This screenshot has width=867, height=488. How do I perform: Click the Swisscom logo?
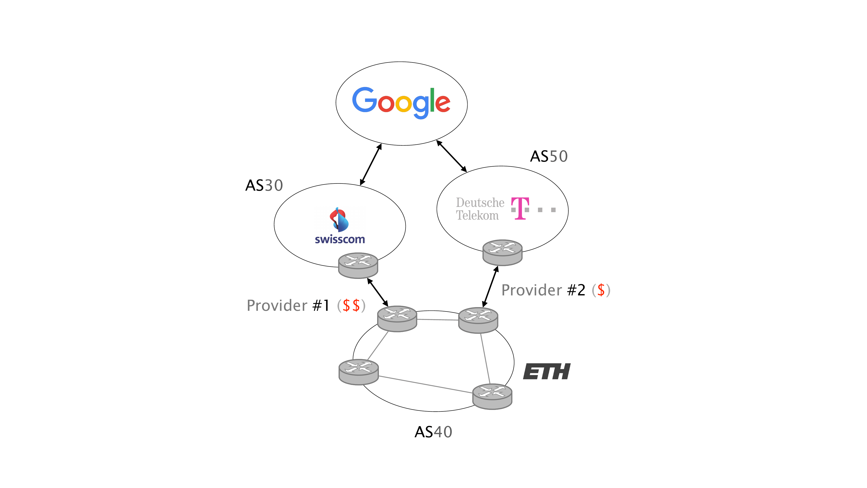pyautogui.click(x=340, y=225)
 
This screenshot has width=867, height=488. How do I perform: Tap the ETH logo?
pyautogui.click(x=547, y=372)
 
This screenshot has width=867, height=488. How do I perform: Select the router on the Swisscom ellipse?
pyautogui.click(x=358, y=265)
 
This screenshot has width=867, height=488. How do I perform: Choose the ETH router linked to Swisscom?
pyautogui.click(x=397, y=319)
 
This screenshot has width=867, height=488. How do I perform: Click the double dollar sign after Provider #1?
pyautogui.click(x=351, y=305)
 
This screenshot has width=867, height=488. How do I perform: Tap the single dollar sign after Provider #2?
pyautogui.click(x=601, y=290)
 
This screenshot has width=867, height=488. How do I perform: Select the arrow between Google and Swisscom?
pyautogui.click(x=371, y=165)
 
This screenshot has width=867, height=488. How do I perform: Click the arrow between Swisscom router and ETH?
pyautogui.click(x=378, y=292)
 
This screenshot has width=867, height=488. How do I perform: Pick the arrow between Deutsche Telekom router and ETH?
pyautogui.click(x=490, y=286)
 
